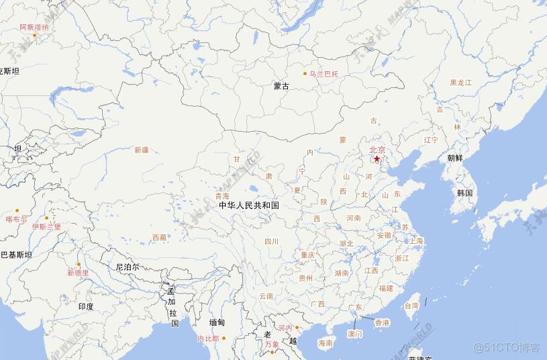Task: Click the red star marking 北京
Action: pyautogui.click(x=377, y=159)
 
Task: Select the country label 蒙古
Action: pyautogui.click(x=282, y=86)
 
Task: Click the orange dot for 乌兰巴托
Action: pyautogui.click(x=305, y=73)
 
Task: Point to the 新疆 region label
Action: pyautogui.click(x=142, y=150)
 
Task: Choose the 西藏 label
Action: pyautogui.click(x=159, y=237)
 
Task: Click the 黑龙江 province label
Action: pyautogui.click(x=461, y=82)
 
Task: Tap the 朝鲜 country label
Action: pyautogui.click(x=455, y=159)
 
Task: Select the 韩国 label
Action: pyautogui.click(x=465, y=193)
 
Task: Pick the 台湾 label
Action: pyautogui.click(x=411, y=306)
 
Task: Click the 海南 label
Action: pyautogui.click(x=326, y=343)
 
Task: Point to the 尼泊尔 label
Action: pyautogui.click(x=128, y=267)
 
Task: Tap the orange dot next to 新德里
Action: pyautogui.click(x=79, y=264)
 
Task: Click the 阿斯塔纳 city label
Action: pyautogui.click(x=34, y=28)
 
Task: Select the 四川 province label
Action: pyautogui.click(x=271, y=241)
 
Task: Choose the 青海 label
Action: pyautogui.click(x=222, y=196)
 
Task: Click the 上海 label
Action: pyautogui.click(x=417, y=240)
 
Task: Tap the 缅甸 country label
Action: pyautogui.click(x=217, y=322)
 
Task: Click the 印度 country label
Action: pyautogui.click(x=86, y=306)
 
